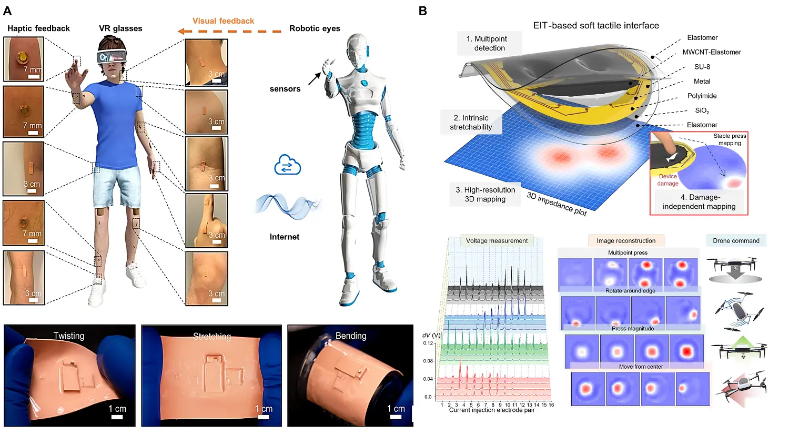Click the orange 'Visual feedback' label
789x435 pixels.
(223, 21)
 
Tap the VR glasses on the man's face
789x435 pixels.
(112, 56)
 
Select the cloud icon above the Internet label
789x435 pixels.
(287, 165)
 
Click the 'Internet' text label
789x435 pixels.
(285, 237)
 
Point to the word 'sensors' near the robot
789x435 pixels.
(285, 89)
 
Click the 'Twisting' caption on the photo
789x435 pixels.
(69, 336)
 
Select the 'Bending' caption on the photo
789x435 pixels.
(351, 336)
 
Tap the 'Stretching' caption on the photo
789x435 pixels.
(211, 337)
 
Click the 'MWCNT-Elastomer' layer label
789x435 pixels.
(712, 52)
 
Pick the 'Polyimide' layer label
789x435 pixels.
(702, 96)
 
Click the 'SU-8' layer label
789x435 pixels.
(702, 67)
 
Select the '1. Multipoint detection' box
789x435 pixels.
(489, 43)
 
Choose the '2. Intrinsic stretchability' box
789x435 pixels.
(471, 122)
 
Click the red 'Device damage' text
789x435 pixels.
(667, 180)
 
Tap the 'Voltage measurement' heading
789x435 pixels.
(497, 240)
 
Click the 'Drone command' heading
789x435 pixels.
(736, 240)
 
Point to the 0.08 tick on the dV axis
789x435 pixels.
(428, 361)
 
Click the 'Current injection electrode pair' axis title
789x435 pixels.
(492, 410)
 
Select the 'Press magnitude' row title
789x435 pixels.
(633, 328)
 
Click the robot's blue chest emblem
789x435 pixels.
(364, 83)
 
